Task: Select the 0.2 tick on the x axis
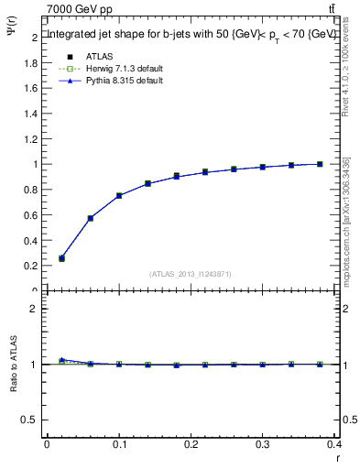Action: (191, 445)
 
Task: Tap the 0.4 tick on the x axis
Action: (334, 445)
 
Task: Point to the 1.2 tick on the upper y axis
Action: (33, 139)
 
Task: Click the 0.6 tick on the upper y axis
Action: (33, 215)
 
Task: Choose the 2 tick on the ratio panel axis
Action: (36, 310)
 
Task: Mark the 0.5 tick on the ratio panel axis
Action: (33, 420)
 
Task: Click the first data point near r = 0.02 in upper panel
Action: (61, 258)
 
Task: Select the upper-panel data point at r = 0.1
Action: (119, 196)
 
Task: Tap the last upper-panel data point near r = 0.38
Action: (320, 164)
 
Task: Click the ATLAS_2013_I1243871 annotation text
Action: (191, 274)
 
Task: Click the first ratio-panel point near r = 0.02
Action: (61, 360)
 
